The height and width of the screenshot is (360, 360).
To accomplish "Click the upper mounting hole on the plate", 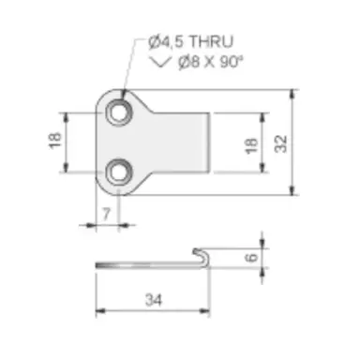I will (x=118, y=112).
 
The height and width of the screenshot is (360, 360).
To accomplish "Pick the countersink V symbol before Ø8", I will (x=161, y=62).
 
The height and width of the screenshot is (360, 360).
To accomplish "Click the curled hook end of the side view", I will (x=201, y=255).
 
